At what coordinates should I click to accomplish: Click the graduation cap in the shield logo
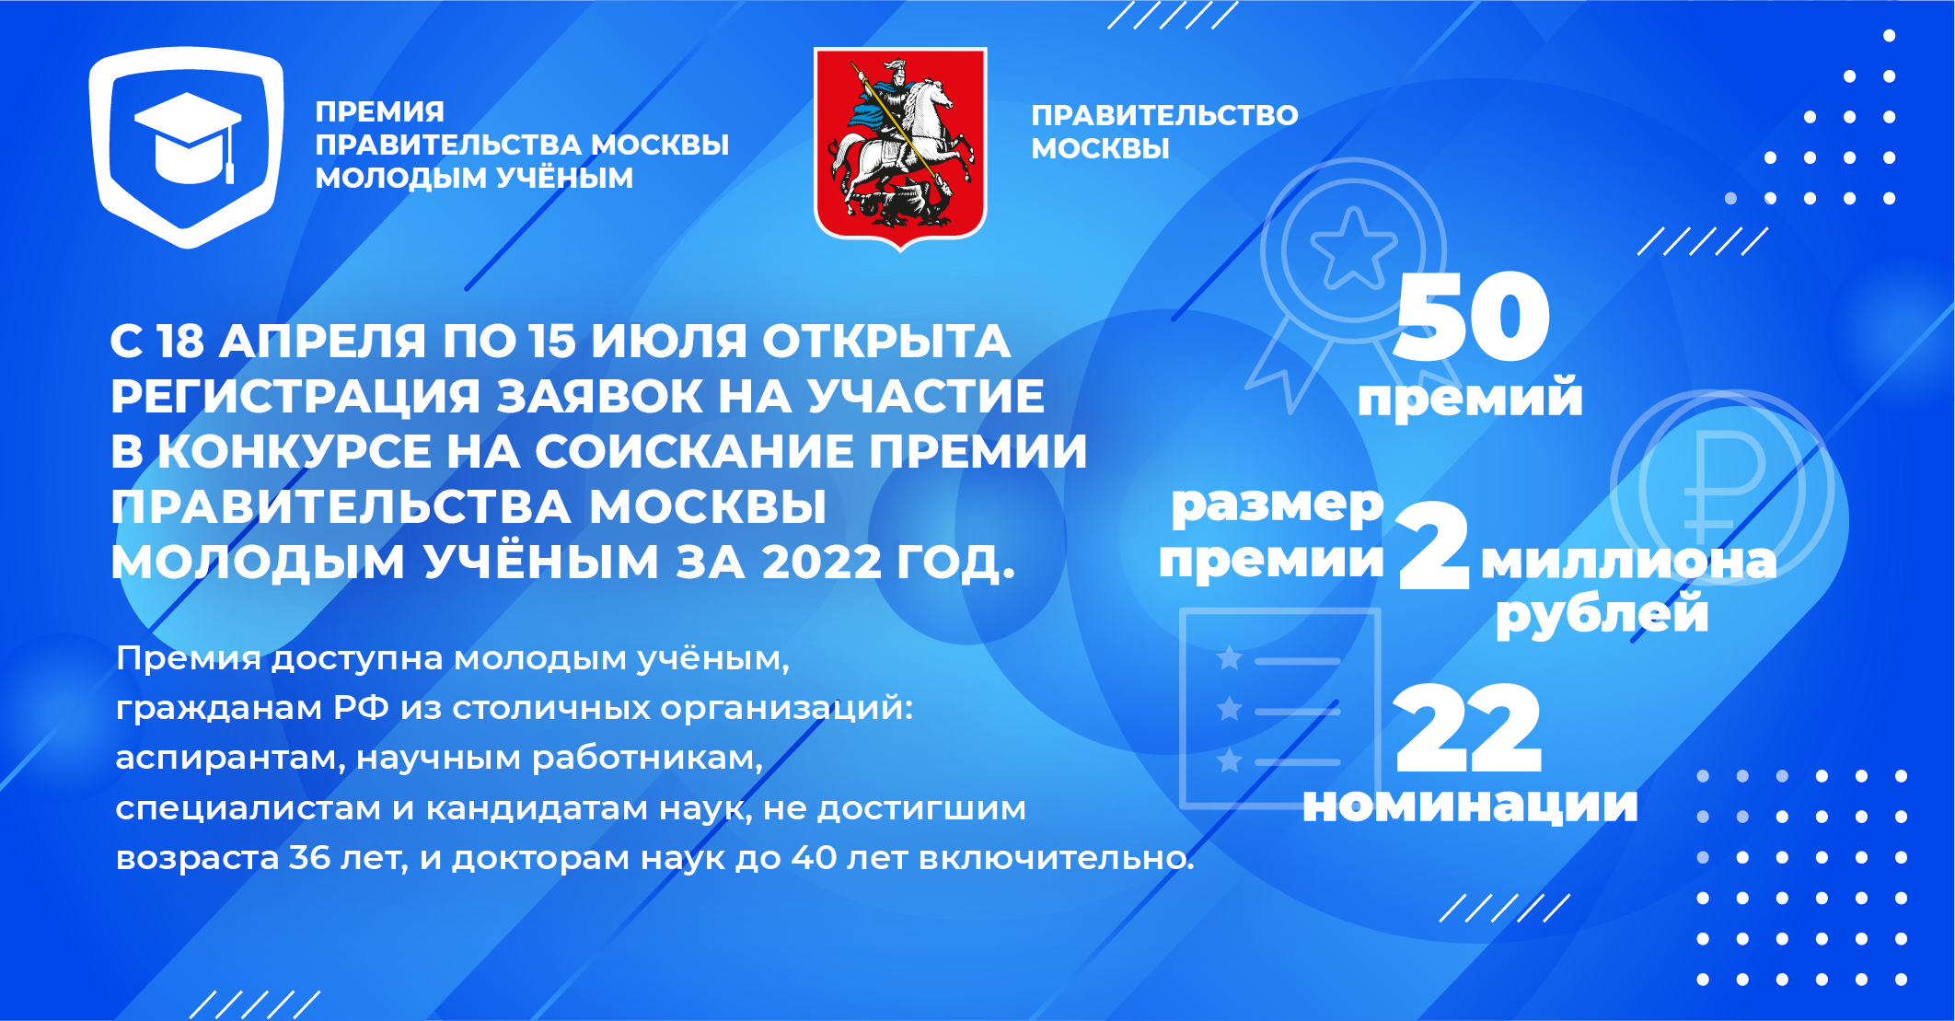point(188,138)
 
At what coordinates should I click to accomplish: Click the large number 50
point(1472,317)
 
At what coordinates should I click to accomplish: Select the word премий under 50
point(1470,397)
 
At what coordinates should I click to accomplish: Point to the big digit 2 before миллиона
point(1433,545)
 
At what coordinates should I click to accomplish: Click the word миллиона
point(1628,561)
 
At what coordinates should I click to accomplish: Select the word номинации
point(1470,805)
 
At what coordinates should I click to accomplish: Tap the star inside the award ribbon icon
point(1352,249)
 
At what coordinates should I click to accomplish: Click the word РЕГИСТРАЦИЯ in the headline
point(295,397)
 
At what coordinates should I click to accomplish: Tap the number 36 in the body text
point(310,857)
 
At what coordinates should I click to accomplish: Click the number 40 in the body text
point(814,857)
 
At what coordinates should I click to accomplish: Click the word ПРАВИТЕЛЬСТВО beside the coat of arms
point(1164,115)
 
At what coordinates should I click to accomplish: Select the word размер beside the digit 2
point(1278,506)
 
